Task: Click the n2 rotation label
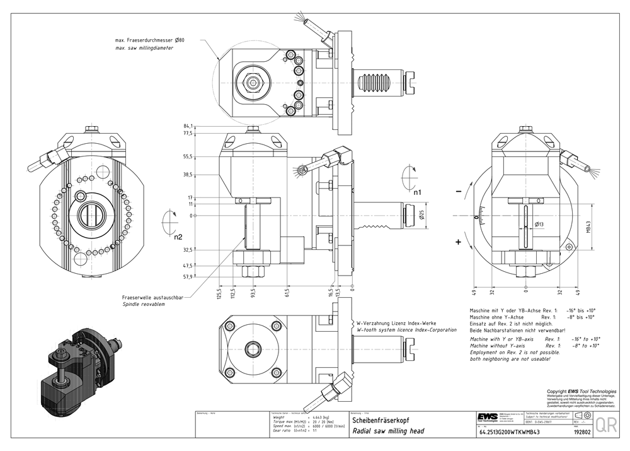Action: coord(178,237)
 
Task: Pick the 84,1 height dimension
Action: coord(188,126)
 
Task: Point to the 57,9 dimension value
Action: coord(188,276)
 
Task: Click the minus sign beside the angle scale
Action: coord(459,190)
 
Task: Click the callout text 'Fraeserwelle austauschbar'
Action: coord(152,297)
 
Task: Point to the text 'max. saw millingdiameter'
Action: coord(144,49)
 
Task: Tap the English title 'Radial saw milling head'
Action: coord(388,431)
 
